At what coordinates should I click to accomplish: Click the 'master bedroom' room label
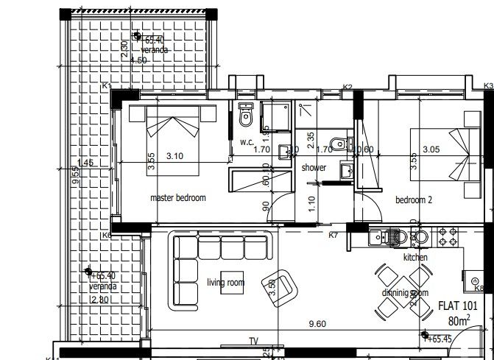click(x=177, y=197)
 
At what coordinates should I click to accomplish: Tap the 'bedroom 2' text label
click(x=413, y=200)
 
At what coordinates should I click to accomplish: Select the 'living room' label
click(x=225, y=283)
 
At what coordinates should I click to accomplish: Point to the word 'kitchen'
click(x=415, y=258)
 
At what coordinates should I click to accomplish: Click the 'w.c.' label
click(x=246, y=141)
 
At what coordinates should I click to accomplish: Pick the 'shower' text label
click(x=314, y=167)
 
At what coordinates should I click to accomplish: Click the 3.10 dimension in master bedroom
click(x=174, y=155)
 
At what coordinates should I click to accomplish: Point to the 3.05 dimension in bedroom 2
click(x=433, y=149)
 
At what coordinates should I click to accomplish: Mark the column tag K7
click(x=333, y=235)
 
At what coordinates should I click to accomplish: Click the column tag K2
click(x=347, y=87)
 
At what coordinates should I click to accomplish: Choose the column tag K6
click(x=107, y=235)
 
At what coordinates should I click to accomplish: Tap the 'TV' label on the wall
click(x=253, y=342)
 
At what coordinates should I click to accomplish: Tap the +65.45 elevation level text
click(x=442, y=339)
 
